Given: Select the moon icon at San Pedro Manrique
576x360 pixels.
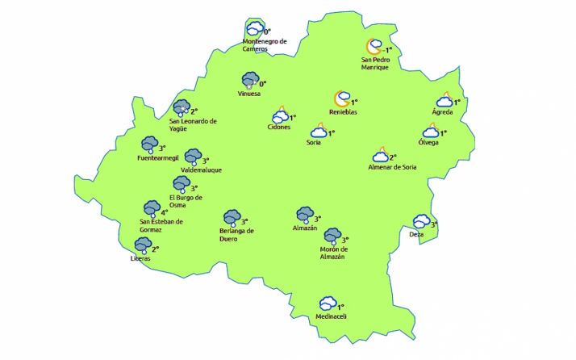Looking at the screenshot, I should pyautogui.click(x=374, y=48).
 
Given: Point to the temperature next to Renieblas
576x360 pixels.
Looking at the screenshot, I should pyautogui.click(x=354, y=103).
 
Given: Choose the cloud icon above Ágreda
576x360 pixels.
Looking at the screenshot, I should pyautogui.click(x=444, y=101).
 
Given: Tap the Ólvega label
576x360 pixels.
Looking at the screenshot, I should pyautogui.click(x=428, y=143).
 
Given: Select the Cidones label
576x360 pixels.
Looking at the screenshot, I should pyautogui.click(x=279, y=128).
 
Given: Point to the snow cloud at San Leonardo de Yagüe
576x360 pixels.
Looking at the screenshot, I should pyautogui.click(x=181, y=108).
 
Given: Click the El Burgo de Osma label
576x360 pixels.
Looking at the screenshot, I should pyautogui.click(x=186, y=201).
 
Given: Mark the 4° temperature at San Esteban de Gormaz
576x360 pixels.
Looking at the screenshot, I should pyautogui.click(x=165, y=213).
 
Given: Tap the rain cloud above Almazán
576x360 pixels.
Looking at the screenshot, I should pyautogui.click(x=304, y=215).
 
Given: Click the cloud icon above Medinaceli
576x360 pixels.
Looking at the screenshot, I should pyautogui.click(x=327, y=304).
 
